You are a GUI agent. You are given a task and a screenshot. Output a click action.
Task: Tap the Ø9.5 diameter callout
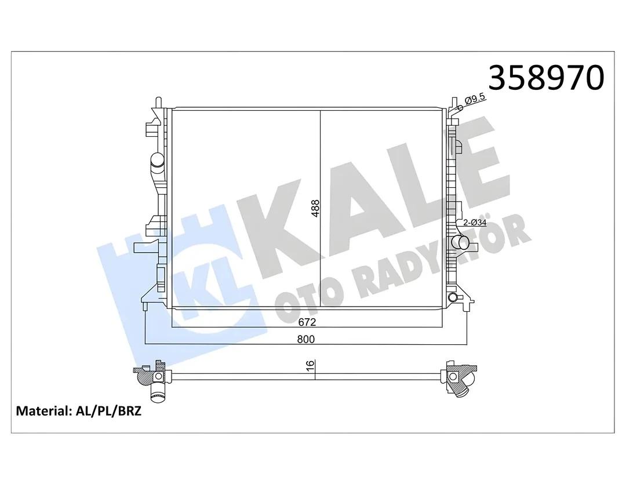point(475,98)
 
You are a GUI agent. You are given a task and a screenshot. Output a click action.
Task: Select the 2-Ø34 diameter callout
point(475,223)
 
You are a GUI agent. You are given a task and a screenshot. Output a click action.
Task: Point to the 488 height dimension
point(315,209)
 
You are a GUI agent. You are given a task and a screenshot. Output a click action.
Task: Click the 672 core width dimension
point(307,322)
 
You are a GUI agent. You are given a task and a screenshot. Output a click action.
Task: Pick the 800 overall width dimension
point(306,339)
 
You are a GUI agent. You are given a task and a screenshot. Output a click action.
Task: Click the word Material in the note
point(43,411)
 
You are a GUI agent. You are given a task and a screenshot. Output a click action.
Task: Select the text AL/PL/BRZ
point(108,411)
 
